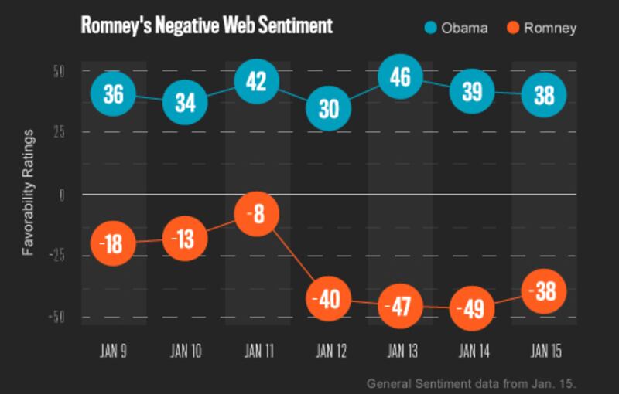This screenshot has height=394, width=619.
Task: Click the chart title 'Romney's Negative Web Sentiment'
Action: [207, 26]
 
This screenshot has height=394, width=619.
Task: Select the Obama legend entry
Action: [457, 29]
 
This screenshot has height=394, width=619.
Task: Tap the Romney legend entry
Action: [542, 29]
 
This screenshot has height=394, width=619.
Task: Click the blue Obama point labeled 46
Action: [400, 79]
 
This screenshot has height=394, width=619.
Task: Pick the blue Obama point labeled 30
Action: [328, 108]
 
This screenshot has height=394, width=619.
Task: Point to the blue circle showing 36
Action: [113, 94]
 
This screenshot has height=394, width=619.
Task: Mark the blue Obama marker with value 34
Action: [185, 102]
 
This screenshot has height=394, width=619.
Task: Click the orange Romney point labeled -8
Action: [256, 215]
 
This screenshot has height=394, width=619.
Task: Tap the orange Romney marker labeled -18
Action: [113, 243]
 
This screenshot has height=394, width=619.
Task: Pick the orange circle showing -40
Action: [328, 299]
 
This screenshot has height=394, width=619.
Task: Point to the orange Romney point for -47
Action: [400, 307]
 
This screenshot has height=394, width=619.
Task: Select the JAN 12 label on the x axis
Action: [331, 352]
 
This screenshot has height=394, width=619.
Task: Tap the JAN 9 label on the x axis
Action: [114, 352]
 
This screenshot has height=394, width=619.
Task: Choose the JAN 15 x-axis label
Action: [546, 352]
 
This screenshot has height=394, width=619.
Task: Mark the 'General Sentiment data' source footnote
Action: [471, 383]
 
